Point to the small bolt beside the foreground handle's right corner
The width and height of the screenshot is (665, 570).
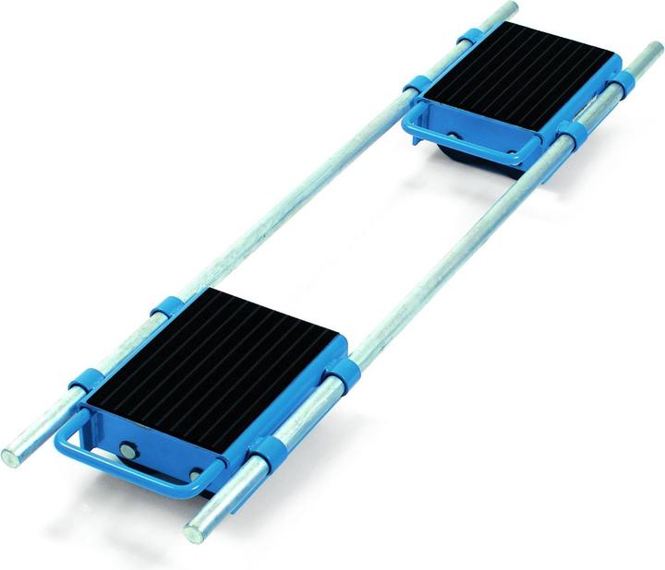coord(196,475)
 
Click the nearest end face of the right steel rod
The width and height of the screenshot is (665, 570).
coord(195,533)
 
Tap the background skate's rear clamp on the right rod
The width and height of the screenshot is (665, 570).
coord(620,82)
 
